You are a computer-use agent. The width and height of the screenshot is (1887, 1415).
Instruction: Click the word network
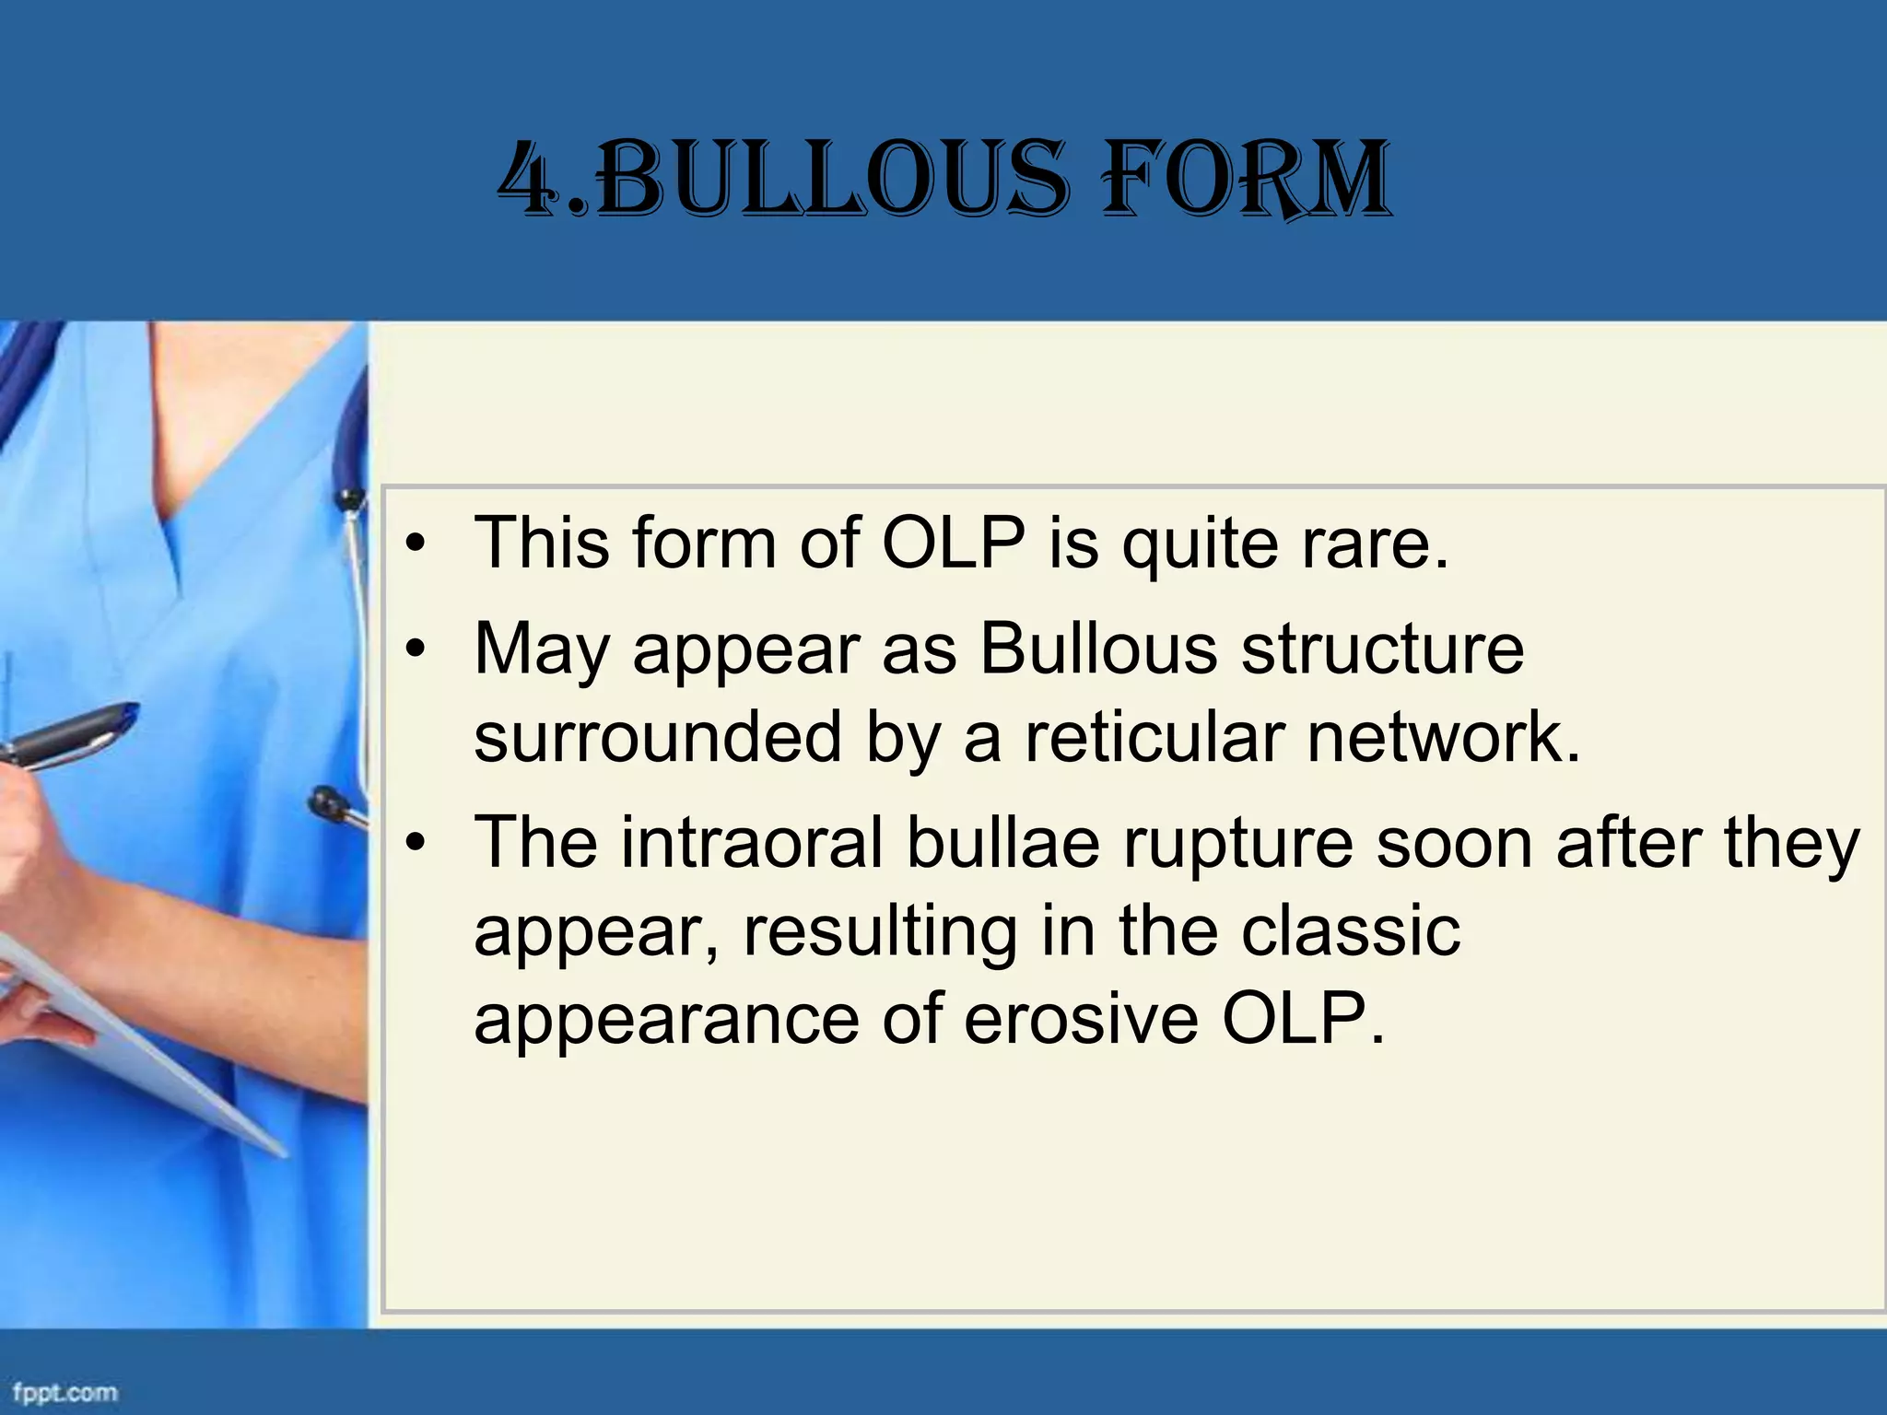1443,738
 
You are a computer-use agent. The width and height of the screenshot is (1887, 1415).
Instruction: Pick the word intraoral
751,842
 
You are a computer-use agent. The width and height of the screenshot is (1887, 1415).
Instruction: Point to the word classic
1350,931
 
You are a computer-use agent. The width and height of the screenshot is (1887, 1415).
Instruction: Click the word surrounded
658,738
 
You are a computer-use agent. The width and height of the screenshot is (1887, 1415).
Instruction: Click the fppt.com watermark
64,1390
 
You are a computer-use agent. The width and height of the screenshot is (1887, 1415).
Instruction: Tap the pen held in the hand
69,733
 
